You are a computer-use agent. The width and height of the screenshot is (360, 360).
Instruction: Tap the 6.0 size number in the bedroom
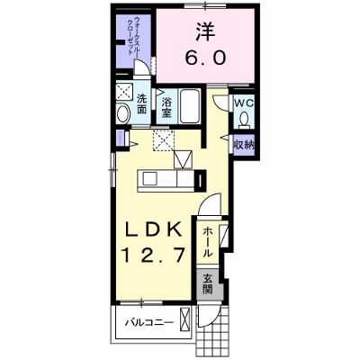coord(205,58)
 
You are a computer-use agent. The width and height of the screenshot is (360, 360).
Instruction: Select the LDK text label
coord(153,230)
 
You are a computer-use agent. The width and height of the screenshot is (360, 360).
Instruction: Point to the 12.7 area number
coord(153,256)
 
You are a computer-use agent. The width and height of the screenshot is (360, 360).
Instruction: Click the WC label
coord(244,103)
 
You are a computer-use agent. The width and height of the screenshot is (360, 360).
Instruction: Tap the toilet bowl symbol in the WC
coord(244,119)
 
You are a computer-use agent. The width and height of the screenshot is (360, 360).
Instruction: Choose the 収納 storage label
coord(244,145)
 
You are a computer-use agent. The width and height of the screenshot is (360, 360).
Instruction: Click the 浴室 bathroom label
coord(166,108)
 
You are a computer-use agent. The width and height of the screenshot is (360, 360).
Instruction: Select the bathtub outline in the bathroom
coord(190,106)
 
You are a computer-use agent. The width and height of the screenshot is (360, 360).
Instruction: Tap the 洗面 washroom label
coord(141,104)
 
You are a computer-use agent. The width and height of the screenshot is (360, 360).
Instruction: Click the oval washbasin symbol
coord(123,113)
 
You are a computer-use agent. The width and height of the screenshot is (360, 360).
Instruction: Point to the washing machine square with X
coord(124,91)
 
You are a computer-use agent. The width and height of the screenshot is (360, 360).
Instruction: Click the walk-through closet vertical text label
coord(134,36)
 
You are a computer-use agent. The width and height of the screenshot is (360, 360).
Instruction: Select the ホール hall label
coord(208,242)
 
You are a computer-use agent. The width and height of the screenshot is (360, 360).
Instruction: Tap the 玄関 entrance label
coord(207,284)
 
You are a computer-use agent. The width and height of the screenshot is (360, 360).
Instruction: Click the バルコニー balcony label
coord(149,323)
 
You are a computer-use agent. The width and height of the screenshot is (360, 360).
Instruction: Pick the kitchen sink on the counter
coord(149,179)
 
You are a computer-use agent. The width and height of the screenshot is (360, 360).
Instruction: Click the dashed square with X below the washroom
coord(164,140)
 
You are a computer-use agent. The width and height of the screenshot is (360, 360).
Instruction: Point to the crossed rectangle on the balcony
coord(185,319)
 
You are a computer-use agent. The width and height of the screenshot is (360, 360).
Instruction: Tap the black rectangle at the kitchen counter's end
coord(201,181)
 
